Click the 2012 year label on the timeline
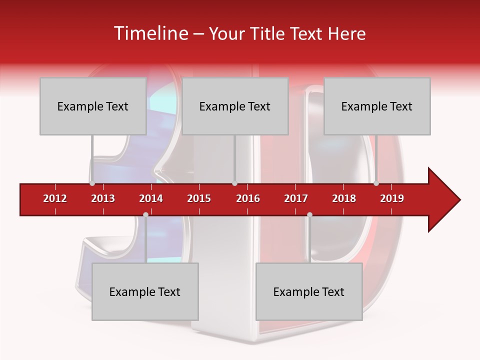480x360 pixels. pos(55,198)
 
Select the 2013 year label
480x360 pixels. pos(103,198)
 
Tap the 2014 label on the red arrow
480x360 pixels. pos(151,198)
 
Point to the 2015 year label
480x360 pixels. pos(199,198)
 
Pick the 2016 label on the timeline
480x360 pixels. pos(248,198)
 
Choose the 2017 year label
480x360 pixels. pos(296,198)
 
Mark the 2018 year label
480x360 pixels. pos(344,198)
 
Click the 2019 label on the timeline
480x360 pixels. pos(392,198)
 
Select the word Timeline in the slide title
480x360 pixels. pos(150,33)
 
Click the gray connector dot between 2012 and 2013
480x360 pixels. pos(92,183)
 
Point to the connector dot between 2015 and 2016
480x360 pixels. pos(234,183)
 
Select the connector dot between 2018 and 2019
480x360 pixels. pos(376,183)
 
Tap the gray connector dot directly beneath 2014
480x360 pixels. pos(145,215)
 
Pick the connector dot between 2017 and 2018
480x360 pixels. pos(309,215)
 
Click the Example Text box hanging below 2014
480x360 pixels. pos(145,291)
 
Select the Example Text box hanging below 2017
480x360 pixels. pos(309,291)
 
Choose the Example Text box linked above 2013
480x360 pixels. pos(93,106)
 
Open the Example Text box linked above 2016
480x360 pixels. pos(235,106)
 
